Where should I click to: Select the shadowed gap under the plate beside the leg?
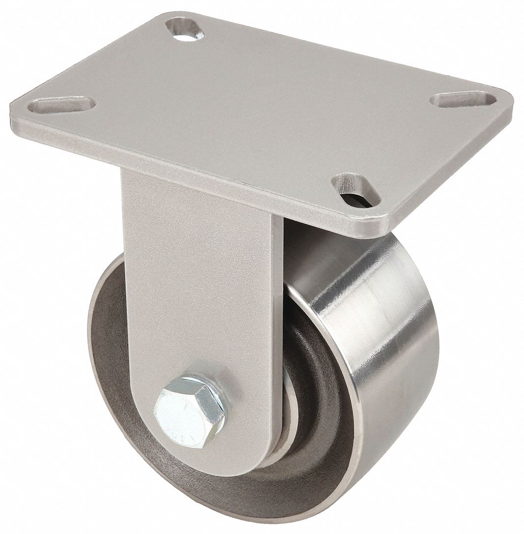pyautogui.click(x=304, y=245)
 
